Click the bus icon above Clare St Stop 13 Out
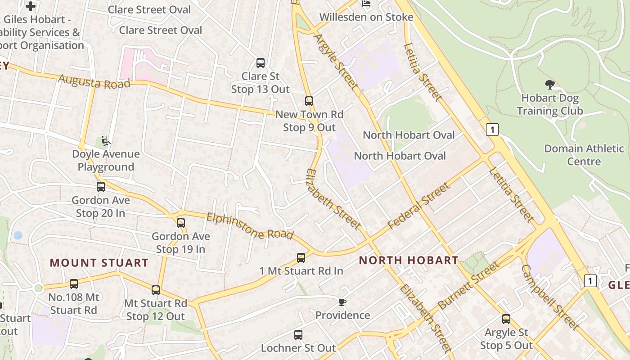[x=260, y=63]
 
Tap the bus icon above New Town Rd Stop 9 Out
[x=309, y=101]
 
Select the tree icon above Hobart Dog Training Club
[x=549, y=84]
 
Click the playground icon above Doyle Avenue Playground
[x=106, y=141]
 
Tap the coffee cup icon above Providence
[x=342, y=302]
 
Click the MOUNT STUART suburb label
[x=99, y=263]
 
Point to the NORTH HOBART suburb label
[x=409, y=260]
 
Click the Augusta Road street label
[x=94, y=82]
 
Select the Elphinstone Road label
[x=250, y=226]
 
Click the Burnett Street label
[x=468, y=285]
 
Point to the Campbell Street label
[x=549, y=297]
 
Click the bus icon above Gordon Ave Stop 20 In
[x=101, y=187]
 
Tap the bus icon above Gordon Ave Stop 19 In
[x=181, y=223]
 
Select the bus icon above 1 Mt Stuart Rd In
[x=301, y=258]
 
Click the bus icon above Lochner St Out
[x=298, y=335]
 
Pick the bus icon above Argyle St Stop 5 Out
[x=506, y=319]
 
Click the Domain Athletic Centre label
[x=584, y=155]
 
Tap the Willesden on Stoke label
[x=366, y=17]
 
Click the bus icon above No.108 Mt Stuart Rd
[x=74, y=284]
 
